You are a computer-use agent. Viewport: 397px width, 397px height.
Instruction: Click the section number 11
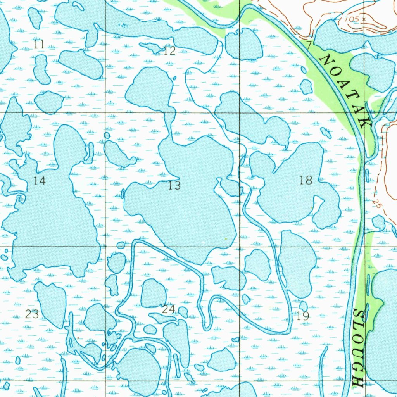tap(39, 45)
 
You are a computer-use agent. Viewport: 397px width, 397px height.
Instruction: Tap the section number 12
tap(169, 51)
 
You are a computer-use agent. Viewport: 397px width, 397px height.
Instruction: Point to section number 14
tap(39, 180)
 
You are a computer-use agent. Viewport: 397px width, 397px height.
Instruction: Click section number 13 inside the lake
tap(174, 186)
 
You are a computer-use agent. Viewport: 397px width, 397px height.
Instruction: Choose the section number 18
tap(306, 180)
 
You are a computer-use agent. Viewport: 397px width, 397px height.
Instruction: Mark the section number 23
tap(32, 314)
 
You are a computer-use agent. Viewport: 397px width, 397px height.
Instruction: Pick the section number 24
tap(168, 309)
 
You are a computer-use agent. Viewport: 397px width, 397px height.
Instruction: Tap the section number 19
tap(303, 316)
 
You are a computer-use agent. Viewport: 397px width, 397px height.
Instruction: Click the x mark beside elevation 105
tap(364, 19)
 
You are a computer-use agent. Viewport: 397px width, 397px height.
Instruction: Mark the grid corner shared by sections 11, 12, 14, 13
tap(106, 113)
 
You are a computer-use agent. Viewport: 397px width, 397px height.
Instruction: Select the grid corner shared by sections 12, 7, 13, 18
tap(240, 113)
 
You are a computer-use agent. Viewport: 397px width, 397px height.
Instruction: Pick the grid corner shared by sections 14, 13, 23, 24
tap(106, 247)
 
